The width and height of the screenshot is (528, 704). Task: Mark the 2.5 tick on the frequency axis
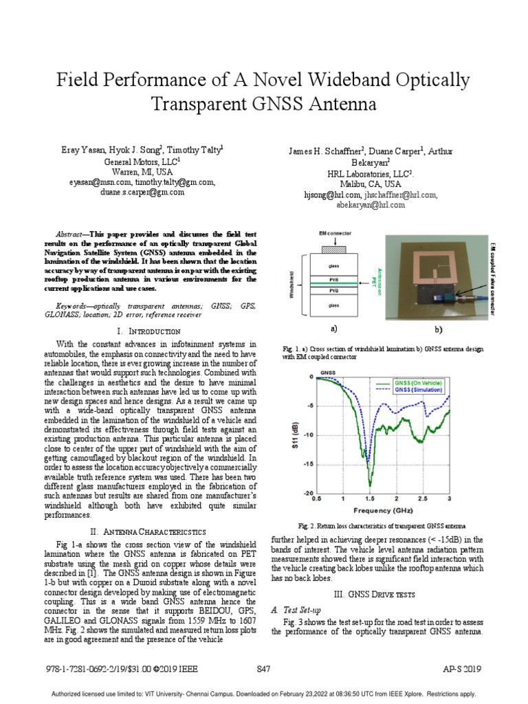[422, 498]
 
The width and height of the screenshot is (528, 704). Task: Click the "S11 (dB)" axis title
[296, 435]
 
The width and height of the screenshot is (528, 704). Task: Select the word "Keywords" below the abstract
[74, 304]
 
